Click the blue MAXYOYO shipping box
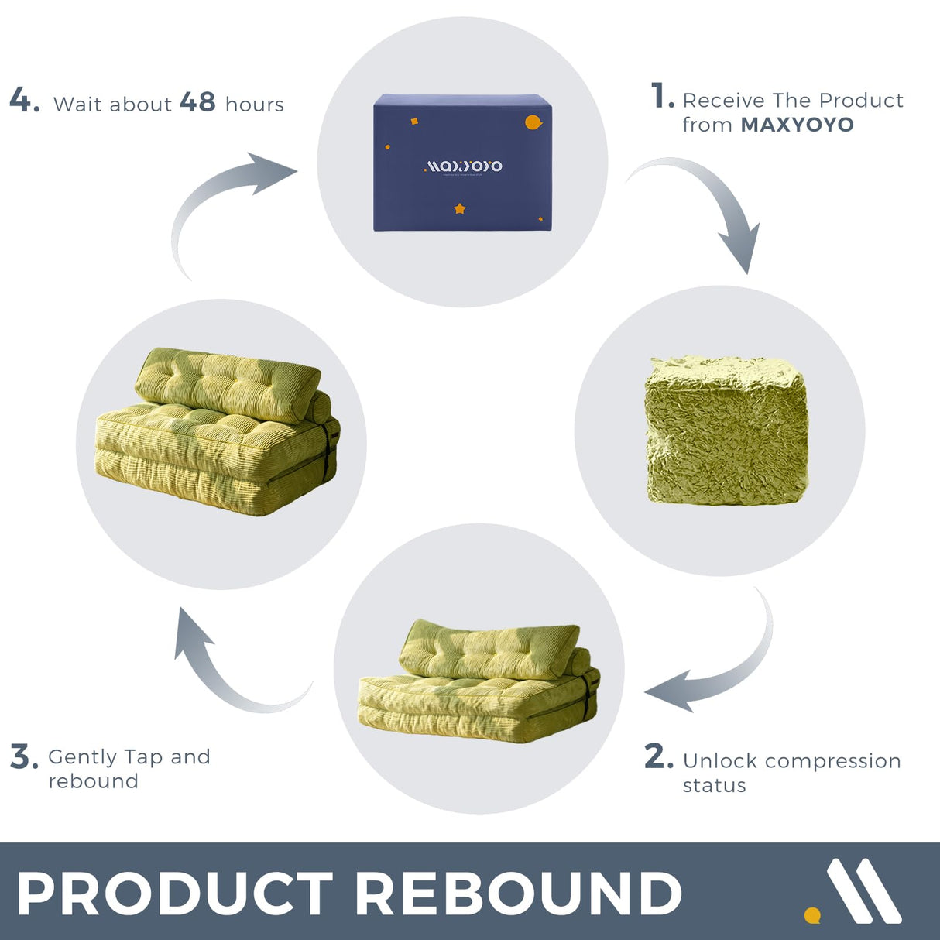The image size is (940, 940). [462, 163]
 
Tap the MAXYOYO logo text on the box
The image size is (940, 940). [463, 166]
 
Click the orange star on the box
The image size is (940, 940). [459, 209]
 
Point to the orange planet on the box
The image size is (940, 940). [533, 122]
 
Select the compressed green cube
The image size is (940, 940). [726, 431]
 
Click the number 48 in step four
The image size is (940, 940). [197, 102]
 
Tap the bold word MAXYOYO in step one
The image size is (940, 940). [797, 125]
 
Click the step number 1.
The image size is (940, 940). [663, 95]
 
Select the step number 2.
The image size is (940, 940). [658, 756]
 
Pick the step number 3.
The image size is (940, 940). [24, 756]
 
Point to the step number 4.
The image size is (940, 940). [24, 100]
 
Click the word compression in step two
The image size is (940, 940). [832, 761]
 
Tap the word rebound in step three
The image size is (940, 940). [94, 781]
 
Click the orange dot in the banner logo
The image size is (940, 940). [811, 915]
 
